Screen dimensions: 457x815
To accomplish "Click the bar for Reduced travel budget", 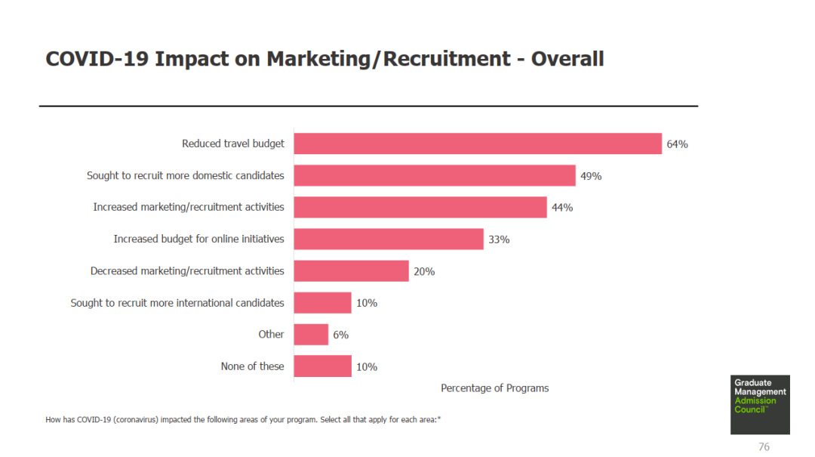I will (477, 144).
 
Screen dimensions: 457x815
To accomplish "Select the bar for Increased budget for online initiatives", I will (388, 239).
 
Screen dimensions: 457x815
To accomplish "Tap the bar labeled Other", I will (311, 335).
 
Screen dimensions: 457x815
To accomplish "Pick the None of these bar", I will (322, 366).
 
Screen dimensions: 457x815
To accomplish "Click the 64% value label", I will (677, 144).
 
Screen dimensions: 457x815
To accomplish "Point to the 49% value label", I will (591, 176).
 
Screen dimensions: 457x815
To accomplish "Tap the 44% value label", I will (562, 208).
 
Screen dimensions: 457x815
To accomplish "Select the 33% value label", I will (499, 239).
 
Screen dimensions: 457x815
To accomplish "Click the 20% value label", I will (424, 271).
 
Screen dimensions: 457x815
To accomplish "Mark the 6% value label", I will (341, 335).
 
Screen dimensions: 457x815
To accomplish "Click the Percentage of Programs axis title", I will (494, 388).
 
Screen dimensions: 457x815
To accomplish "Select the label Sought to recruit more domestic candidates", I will (186, 175).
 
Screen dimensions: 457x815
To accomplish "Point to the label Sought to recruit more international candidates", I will (177, 303).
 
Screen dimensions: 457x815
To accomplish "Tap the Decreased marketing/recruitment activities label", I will (187, 270).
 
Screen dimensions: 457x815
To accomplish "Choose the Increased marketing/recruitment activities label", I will (189, 207).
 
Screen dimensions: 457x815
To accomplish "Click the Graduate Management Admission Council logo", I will (760, 404).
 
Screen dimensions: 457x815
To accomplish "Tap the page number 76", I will (764, 447).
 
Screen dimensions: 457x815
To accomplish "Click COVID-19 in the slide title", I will (97, 59).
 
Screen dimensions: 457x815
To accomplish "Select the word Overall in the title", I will (567, 59).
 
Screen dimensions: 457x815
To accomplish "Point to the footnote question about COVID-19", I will (243, 419).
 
